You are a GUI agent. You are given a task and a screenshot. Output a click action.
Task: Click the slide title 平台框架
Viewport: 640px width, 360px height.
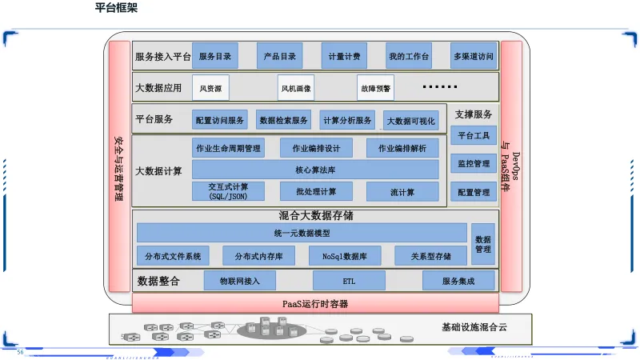pos(117,8)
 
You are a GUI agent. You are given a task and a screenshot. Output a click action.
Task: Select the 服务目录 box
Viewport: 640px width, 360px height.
pos(215,56)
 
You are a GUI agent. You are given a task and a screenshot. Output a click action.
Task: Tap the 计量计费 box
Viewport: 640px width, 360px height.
pos(345,56)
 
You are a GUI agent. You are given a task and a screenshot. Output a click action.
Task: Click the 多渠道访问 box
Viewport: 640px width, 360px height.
pos(473,56)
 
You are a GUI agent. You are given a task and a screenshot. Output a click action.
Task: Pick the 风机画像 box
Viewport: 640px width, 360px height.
pos(296,88)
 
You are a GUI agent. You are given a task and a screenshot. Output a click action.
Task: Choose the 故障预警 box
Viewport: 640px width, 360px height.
pos(375,88)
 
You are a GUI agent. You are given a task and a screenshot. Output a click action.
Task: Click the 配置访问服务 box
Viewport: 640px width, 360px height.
pos(220,120)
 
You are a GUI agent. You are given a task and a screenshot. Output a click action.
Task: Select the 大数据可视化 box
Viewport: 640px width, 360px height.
pos(411,121)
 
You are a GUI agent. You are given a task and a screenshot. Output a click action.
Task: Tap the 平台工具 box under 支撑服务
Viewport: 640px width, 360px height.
pos(474,134)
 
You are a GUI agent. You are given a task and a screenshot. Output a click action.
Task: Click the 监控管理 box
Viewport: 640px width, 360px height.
pos(474,163)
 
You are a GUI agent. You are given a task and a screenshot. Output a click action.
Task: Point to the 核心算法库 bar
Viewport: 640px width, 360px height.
pos(315,170)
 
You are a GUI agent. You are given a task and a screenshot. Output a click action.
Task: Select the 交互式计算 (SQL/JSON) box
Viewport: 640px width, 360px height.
pos(228,191)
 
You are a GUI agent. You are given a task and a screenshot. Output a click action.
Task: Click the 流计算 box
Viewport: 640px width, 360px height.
pos(402,191)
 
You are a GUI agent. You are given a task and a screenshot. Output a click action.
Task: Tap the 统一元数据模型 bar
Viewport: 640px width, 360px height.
pos(302,233)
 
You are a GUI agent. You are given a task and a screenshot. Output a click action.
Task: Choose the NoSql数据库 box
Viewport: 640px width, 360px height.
pos(345,256)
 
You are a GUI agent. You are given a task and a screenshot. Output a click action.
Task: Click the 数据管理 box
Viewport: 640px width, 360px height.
pos(483,244)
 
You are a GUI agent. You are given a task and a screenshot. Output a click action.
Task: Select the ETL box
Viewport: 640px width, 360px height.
pos(349,281)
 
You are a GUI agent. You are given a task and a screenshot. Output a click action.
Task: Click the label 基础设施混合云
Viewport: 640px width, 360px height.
pos(474,327)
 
